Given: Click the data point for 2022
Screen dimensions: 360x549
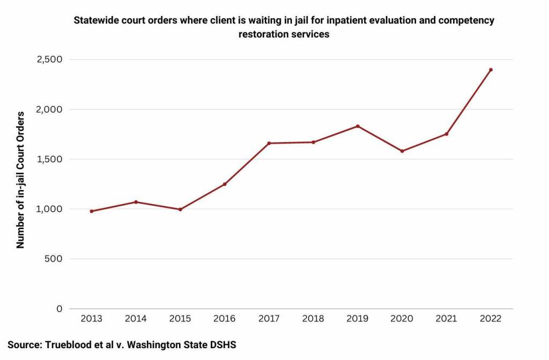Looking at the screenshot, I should tap(491, 70).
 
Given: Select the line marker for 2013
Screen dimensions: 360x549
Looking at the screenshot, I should tap(92, 211).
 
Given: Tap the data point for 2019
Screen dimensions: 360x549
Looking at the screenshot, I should tap(358, 126).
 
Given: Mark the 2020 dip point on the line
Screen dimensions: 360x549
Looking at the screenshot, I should tap(402, 151).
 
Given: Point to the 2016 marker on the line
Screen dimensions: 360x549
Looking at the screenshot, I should tap(225, 184).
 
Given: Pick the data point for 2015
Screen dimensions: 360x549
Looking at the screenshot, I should tap(180, 209).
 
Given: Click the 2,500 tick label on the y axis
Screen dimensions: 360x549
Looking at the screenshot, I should tap(49, 59).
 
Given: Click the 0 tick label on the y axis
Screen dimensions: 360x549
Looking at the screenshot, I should tap(59, 309).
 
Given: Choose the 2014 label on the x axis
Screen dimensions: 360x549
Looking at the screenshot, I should tap(136, 319).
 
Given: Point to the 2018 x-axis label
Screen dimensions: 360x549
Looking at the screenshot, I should tap(313, 319).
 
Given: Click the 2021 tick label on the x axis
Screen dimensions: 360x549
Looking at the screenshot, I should tap(446, 319).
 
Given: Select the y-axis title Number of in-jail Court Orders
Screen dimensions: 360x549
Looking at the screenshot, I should tap(21, 180).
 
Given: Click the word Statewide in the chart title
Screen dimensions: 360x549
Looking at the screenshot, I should tap(94, 21).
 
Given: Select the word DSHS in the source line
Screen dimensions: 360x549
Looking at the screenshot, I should tap(222, 345).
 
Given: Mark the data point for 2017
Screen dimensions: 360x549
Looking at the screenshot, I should tap(269, 143).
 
